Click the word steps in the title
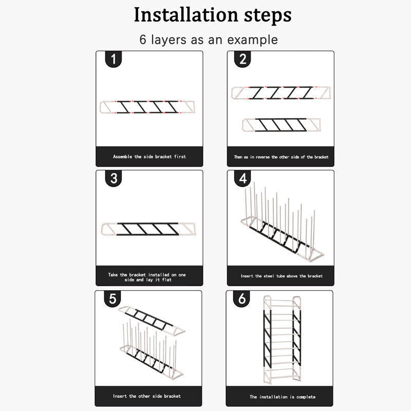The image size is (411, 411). tap(268, 16)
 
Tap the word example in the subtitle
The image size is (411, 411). tap(252, 40)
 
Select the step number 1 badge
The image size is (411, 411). tap(114, 59)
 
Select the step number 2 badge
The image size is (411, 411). tap(242, 59)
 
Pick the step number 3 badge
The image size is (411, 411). tap(114, 178)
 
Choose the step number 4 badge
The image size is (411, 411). tap(242, 178)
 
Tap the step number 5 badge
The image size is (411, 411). tap(113, 299)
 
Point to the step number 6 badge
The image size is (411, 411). tap(241, 299)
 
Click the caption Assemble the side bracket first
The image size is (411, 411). tap(150, 157)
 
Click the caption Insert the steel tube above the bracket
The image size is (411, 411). tap(282, 276)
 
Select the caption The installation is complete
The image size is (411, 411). tap(283, 397)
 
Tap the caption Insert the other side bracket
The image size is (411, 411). tap(147, 396)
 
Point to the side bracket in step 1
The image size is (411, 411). tap(147, 107)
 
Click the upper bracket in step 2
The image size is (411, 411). tap(281, 93)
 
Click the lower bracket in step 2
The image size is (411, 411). tap(282, 125)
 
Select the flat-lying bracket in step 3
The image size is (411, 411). tap(148, 229)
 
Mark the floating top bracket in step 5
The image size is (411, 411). tap(152, 320)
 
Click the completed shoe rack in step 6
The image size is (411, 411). tap(282, 339)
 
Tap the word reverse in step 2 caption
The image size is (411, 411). tap(263, 157)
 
